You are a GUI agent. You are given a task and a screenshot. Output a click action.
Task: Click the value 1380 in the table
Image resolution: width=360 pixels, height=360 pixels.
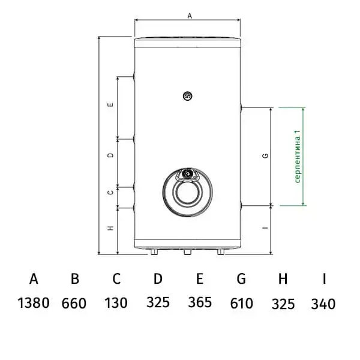(34, 303)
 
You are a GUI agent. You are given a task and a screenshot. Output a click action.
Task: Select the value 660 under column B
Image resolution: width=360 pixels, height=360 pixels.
(74, 303)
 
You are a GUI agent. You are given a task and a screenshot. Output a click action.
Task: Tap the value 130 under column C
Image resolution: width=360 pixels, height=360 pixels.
(116, 303)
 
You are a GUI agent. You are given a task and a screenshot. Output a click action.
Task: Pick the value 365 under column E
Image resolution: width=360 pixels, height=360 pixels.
(200, 302)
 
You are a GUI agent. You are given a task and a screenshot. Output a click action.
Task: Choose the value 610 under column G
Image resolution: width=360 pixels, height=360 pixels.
(242, 303)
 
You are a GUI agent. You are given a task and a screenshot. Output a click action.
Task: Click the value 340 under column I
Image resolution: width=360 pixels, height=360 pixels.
(323, 304)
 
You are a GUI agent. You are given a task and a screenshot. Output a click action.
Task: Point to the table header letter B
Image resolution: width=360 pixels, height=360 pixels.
(75, 279)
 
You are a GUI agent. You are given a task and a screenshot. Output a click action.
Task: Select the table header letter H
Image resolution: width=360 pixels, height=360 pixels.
(283, 279)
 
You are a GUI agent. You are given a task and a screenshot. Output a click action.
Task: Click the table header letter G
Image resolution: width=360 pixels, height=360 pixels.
(241, 279)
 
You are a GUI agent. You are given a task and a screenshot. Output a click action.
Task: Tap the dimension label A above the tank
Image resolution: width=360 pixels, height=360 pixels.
(190, 16)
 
